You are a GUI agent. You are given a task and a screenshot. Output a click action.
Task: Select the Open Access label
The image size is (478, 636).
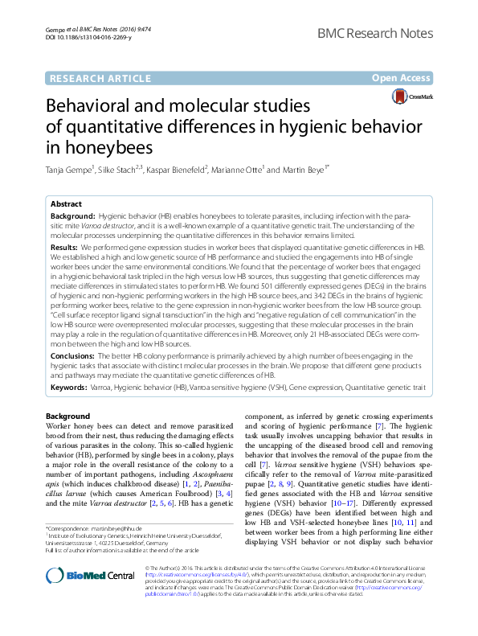(x=402, y=78)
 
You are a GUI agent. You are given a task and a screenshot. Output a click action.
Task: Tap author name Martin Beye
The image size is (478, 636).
(x=305, y=170)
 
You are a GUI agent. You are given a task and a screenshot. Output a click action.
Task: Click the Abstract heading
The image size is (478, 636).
(x=66, y=204)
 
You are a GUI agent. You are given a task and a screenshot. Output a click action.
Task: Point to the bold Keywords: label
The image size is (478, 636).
(x=70, y=388)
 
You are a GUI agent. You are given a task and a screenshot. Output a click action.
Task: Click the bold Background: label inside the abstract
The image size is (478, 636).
(x=72, y=218)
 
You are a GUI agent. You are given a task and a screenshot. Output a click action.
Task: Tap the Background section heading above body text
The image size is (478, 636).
(x=68, y=416)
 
